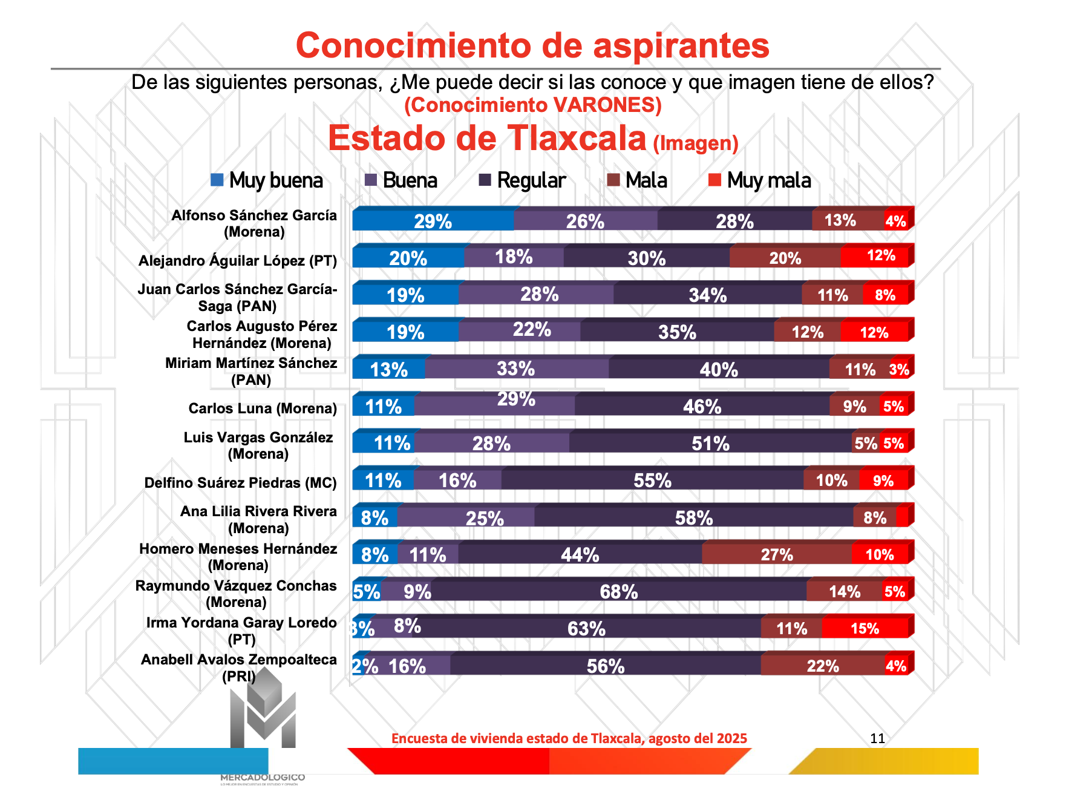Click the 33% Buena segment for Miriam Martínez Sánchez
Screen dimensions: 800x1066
[516, 369]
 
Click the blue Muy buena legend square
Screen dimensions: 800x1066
[217, 180]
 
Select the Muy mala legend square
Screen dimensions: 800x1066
[714, 180]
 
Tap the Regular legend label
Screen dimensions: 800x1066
[531, 180]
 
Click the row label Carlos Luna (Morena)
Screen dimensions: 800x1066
[263, 408]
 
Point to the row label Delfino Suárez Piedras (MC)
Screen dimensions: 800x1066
[240, 483]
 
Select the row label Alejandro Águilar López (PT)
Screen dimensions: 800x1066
[237, 261]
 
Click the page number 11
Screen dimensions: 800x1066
[877, 738]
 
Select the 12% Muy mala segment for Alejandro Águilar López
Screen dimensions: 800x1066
[875, 256]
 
